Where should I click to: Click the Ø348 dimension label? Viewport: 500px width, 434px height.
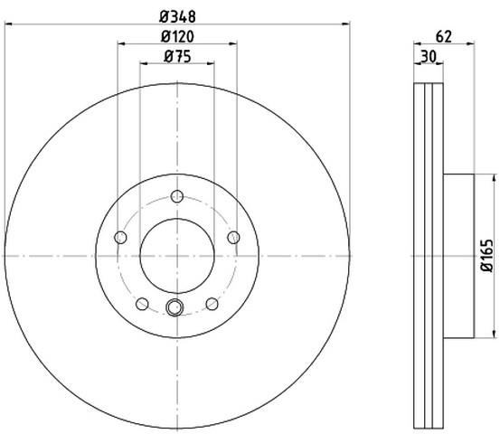pos(177,17)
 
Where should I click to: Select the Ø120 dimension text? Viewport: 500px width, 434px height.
pos(177,37)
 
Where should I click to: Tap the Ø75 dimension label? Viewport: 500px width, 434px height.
pos(177,57)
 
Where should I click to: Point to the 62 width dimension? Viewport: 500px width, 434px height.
pos(444,37)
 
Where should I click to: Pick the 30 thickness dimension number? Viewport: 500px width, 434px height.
pos(429,57)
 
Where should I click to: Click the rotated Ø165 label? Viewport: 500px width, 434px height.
pos(487,255)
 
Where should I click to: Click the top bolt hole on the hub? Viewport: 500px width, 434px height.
pos(177,196)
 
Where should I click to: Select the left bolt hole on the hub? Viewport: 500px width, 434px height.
pos(120,237)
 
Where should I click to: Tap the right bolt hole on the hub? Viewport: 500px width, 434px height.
pos(234,237)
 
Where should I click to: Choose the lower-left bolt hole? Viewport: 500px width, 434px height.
pos(142,304)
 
